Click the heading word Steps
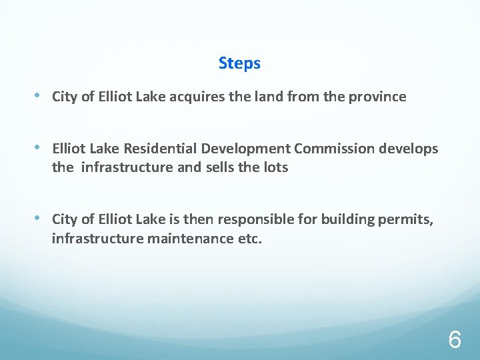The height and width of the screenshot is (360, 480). pyautogui.click(x=239, y=63)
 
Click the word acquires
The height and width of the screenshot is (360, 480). pyautogui.click(x=197, y=97)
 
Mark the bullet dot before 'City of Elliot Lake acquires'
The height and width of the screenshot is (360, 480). pyautogui.click(x=40, y=96)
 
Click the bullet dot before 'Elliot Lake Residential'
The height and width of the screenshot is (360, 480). pyautogui.click(x=40, y=148)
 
